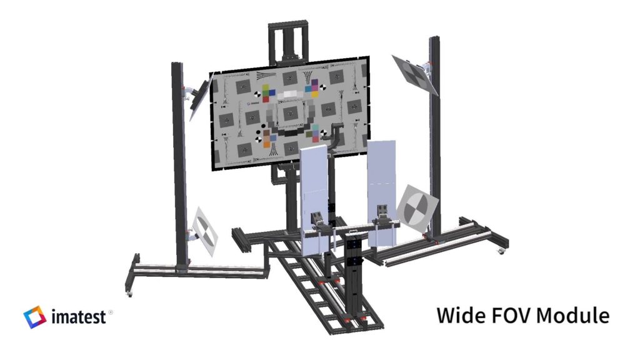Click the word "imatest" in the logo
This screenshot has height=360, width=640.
pos(79,317)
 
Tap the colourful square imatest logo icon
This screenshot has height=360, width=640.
pos(35,317)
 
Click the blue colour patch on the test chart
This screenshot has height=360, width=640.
pos(272,92)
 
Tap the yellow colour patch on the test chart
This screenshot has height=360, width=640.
pos(315,95)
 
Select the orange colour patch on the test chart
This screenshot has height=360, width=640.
pos(266,144)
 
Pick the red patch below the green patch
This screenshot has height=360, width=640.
pos(266,99)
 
